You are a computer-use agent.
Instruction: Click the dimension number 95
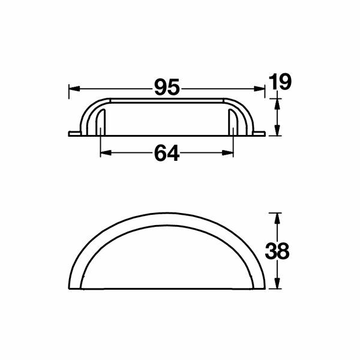(x=166, y=88)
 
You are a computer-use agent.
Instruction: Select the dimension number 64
(x=167, y=154)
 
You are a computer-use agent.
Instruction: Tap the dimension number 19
(x=280, y=82)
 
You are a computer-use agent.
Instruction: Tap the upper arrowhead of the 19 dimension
(x=277, y=104)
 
